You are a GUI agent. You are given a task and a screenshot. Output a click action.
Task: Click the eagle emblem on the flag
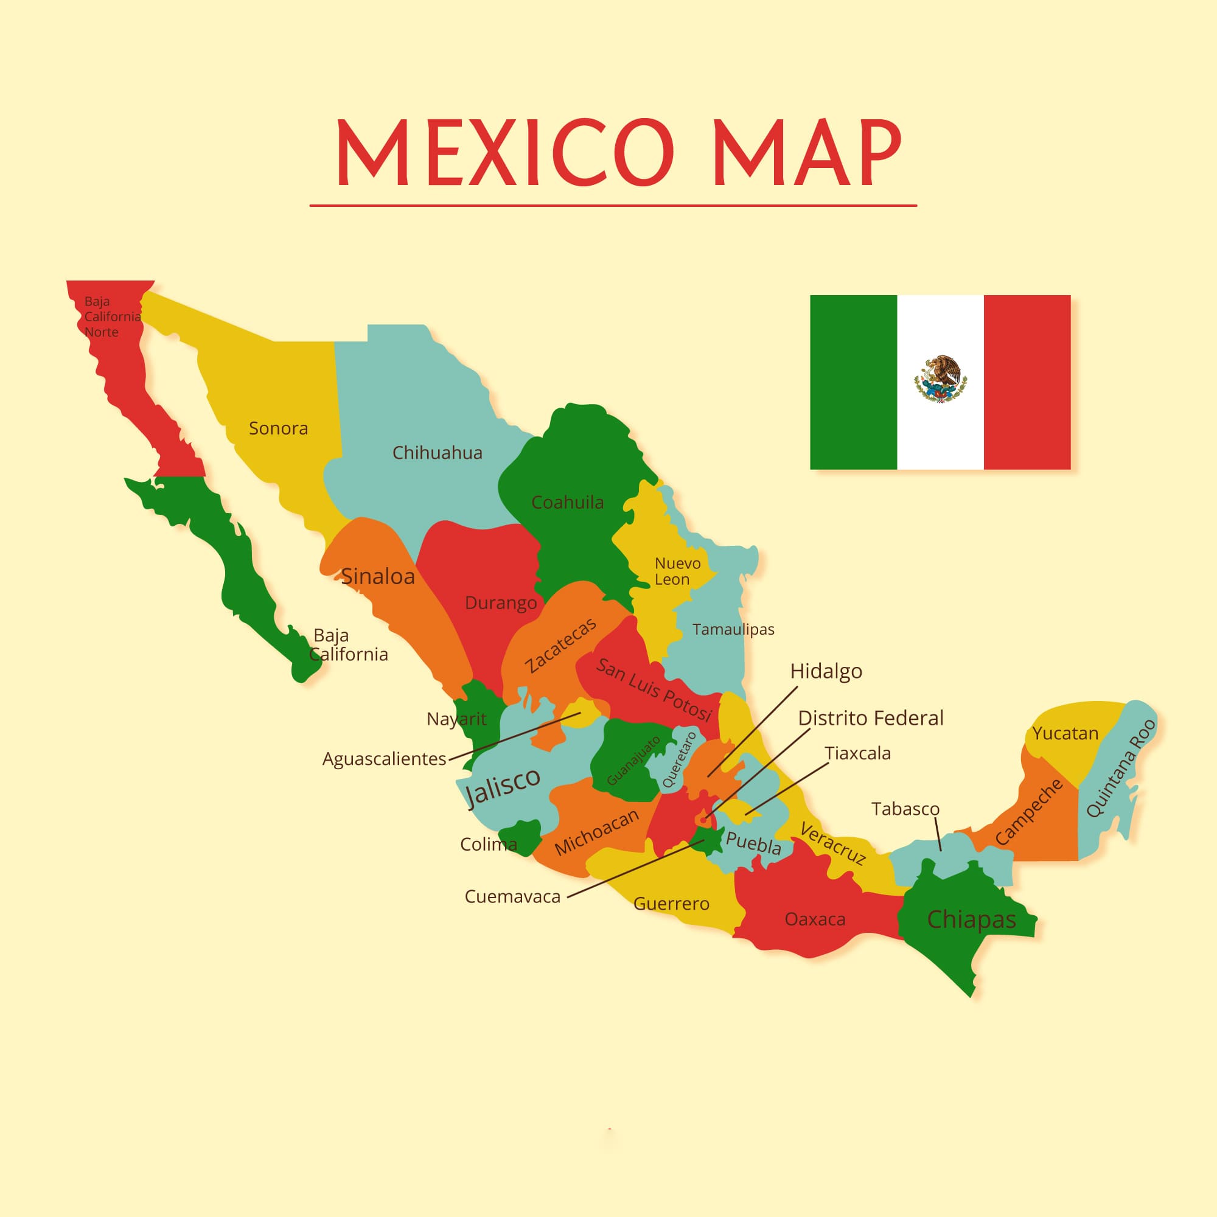pyautogui.click(x=940, y=379)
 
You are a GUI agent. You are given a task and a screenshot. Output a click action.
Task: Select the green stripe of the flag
pyautogui.click(x=853, y=382)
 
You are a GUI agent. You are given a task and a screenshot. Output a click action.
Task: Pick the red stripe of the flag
pyautogui.click(x=1027, y=382)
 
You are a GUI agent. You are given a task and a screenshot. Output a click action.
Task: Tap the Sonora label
pyautogui.click(x=279, y=428)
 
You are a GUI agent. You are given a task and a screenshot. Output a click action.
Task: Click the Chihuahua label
pyautogui.click(x=437, y=453)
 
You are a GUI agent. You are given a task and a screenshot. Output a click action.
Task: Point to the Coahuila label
pyautogui.click(x=567, y=503)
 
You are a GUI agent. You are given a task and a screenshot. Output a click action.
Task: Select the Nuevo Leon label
pyautogui.click(x=677, y=571)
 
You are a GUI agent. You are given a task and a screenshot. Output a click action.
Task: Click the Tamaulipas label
pyautogui.click(x=733, y=629)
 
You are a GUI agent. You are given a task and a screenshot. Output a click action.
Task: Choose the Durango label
pyautogui.click(x=501, y=603)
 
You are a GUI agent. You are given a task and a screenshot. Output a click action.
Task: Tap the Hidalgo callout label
pyautogui.click(x=826, y=672)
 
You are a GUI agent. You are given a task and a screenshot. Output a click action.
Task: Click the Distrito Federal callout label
pyautogui.click(x=871, y=718)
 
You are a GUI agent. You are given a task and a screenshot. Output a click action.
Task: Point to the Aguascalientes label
pyautogui.click(x=383, y=759)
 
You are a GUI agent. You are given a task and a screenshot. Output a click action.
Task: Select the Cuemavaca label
pyautogui.click(x=512, y=896)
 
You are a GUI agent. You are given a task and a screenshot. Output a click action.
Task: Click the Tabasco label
pyautogui.click(x=905, y=809)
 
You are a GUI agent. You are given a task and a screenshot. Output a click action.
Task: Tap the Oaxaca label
pyautogui.click(x=815, y=919)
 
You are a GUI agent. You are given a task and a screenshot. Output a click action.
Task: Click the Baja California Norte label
pyautogui.click(x=111, y=317)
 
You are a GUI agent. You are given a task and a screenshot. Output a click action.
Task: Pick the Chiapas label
pyautogui.click(x=971, y=919)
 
